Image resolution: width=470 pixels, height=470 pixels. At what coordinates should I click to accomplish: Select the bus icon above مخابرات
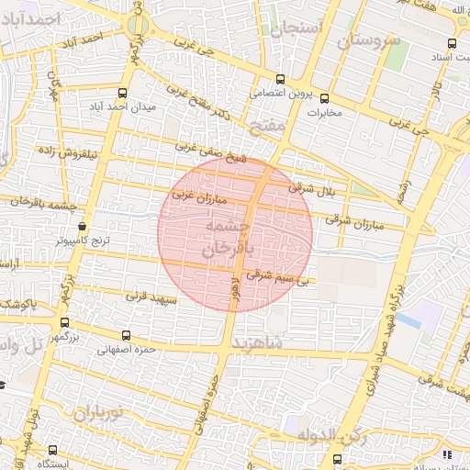(x=323, y=98)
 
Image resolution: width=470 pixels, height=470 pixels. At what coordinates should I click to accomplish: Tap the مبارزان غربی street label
(x=192, y=196)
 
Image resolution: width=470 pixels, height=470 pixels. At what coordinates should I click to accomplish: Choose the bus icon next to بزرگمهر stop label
(x=64, y=322)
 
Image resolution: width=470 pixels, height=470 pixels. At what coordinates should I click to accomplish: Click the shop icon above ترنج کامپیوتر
(x=84, y=225)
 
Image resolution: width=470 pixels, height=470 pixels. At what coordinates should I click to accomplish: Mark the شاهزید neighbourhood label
(x=264, y=343)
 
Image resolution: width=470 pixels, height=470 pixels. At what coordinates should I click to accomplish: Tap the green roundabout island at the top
(x=138, y=25)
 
